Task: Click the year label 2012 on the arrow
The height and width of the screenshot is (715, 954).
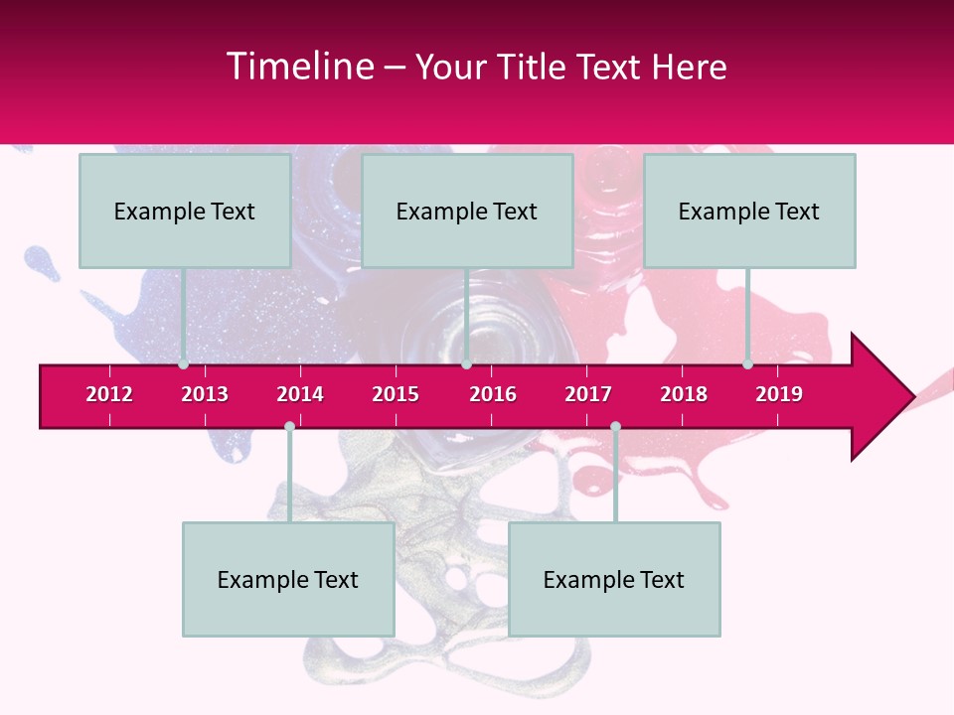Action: [109, 394]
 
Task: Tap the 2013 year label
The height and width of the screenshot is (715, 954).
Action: [205, 394]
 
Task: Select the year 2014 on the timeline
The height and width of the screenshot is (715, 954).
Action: [300, 394]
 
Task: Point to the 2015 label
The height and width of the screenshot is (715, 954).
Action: [396, 394]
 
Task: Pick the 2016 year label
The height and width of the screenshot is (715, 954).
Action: [493, 394]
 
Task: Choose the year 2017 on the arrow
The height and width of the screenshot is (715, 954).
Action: [588, 394]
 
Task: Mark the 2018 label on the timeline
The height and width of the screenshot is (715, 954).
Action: [684, 394]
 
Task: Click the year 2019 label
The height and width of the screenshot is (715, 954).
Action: [779, 394]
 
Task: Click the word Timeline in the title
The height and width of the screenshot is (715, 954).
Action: [300, 67]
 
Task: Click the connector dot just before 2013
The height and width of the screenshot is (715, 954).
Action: [184, 364]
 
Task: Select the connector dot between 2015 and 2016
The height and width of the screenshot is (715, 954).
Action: [466, 364]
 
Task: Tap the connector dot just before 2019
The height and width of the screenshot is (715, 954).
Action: [747, 364]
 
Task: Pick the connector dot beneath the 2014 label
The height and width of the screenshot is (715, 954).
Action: [289, 426]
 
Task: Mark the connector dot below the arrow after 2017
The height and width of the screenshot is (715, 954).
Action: [615, 426]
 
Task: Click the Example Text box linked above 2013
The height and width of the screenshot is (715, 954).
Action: [185, 211]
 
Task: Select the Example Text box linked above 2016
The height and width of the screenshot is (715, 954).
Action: [467, 211]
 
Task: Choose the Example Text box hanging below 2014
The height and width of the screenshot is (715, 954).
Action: [288, 579]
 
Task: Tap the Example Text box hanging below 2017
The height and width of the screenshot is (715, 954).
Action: [614, 579]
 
